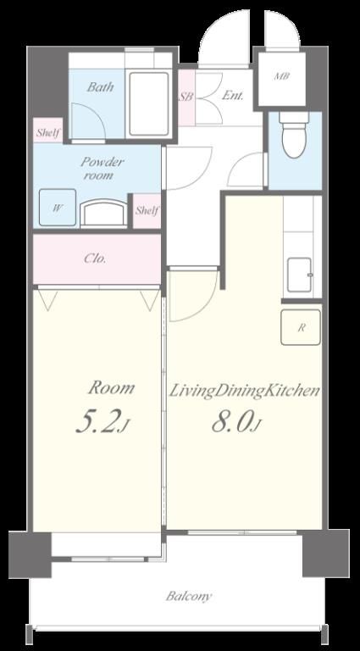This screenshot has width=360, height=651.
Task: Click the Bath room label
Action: coord(100,87)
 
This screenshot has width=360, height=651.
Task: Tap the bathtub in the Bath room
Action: coord(149,103)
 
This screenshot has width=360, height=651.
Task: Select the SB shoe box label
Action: coord(186,97)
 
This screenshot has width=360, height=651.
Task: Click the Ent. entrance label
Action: coord(233,96)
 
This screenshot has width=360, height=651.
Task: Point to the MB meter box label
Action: coord(282,76)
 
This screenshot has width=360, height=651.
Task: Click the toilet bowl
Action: coord(294,135)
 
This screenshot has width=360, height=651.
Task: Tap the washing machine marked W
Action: coord(58,208)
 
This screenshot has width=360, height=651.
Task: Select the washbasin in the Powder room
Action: coord(103,213)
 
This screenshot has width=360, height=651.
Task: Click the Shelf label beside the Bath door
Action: coord(48,133)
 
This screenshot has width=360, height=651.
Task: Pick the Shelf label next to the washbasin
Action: coord(147,210)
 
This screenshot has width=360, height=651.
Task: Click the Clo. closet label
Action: coord(95,259)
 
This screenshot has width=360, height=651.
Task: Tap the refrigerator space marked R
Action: coord(301,327)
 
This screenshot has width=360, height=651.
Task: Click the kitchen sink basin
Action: coord(299,275)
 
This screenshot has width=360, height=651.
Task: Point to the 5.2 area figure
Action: coord(101,423)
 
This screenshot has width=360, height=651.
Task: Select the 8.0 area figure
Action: coord(236,423)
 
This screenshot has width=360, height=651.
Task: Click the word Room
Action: coord(111,388)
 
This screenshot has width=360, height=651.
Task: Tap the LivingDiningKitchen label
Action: coord(244,391)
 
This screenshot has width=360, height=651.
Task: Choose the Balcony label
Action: coord(189,597)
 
